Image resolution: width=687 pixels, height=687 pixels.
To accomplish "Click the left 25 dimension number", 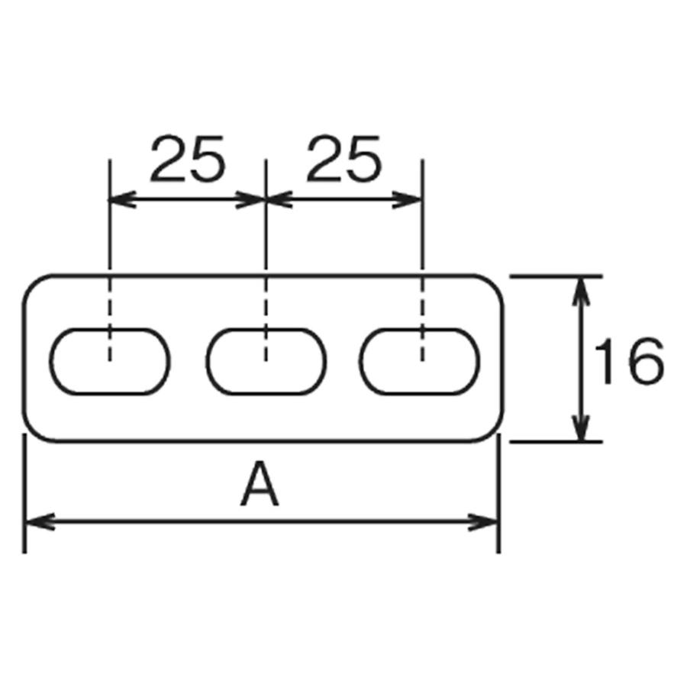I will (188, 160).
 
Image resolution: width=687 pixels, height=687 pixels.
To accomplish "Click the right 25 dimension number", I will (343, 160).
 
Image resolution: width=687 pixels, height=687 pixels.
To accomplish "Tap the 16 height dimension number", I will (628, 361).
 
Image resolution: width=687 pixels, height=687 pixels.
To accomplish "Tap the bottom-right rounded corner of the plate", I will (493, 431).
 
